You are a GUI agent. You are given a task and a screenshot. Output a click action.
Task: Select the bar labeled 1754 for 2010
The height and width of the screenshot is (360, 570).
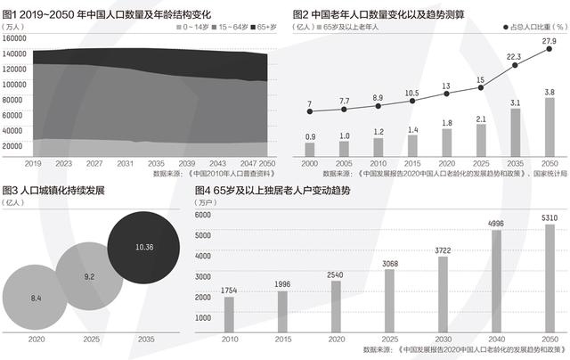(229, 314)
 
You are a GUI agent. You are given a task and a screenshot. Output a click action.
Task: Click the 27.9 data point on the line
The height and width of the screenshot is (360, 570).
(549, 50)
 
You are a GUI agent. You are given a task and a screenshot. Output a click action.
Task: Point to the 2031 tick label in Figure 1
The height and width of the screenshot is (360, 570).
(126, 164)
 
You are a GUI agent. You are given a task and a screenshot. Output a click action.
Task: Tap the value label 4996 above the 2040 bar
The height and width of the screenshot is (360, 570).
(496, 224)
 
